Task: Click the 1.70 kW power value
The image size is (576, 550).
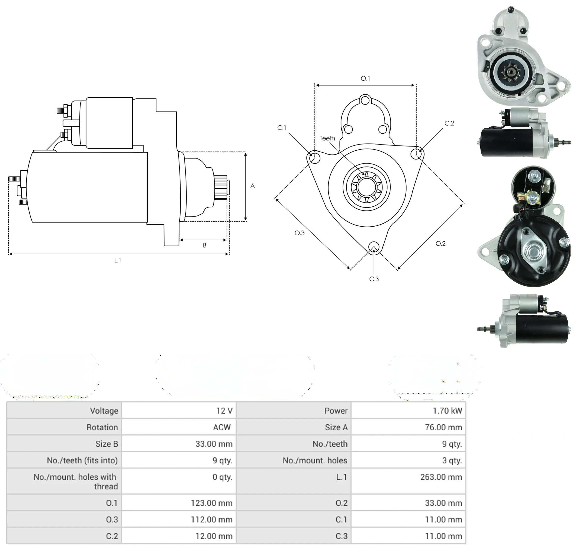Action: coord(447,411)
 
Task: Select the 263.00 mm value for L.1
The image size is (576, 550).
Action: coord(441,477)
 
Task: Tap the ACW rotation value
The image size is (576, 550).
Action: coord(222,427)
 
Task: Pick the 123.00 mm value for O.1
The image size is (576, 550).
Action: coord(212,503)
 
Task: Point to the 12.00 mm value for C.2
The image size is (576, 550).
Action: coord(214,536)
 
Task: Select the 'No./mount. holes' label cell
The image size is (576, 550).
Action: coord(315,460)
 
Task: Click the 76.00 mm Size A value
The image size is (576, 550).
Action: coord(443,427)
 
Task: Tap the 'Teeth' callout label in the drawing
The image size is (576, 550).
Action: coord(327,138)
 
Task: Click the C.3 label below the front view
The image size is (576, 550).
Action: coord(374,279)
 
